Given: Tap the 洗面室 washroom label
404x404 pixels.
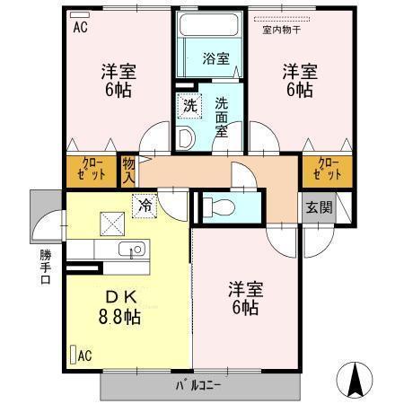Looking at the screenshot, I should [221, 116].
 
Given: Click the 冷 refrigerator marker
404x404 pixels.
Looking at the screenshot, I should [145, 205].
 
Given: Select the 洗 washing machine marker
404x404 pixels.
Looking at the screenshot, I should [189, 104].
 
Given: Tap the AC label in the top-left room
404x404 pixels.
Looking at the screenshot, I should [79, 26].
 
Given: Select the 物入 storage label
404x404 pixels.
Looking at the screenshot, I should [128, 170].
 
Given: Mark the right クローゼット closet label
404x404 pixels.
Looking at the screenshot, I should [329, 170].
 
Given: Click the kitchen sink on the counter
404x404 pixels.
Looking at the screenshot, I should [136, 250].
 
